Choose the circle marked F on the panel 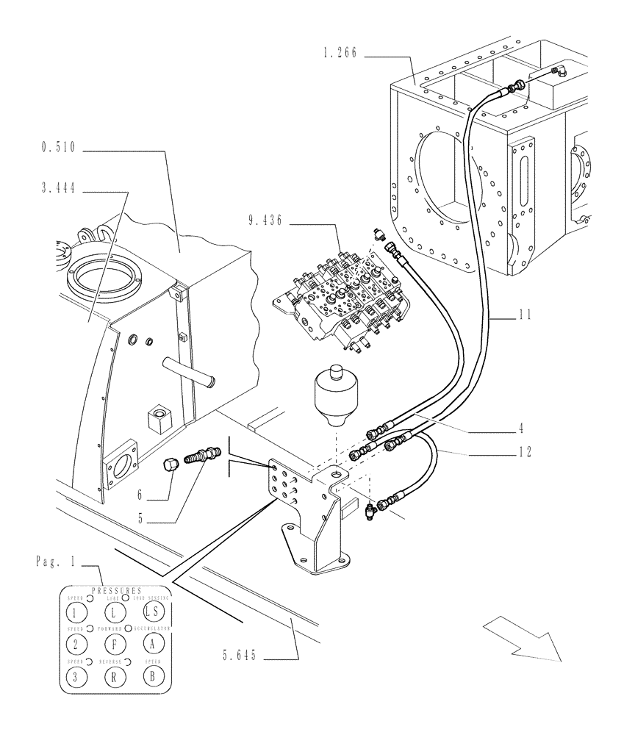pyautogui.click(x=113, y=645)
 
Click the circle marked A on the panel pyautogui.click(x=151, y=645)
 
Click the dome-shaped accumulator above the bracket pyautogui.click(x=334, y=393)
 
